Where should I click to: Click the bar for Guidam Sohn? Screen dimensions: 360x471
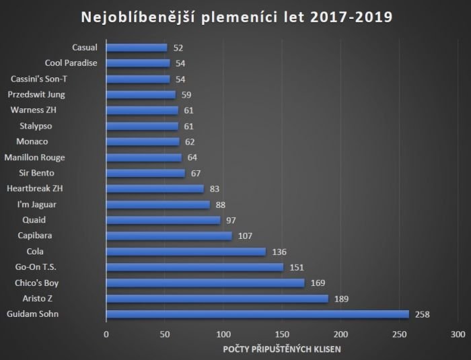coord(257,314)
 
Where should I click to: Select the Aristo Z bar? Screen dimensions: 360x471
coord(217,299)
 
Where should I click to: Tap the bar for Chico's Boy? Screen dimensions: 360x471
coord(205,283)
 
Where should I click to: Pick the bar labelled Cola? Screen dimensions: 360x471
coord(186,252)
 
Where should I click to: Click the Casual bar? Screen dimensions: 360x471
coord(137,48)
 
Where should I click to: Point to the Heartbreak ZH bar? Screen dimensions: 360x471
coord(155,189)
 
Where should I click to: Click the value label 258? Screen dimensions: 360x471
coord(422,314)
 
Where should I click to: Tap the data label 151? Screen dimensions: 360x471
coord(297,267)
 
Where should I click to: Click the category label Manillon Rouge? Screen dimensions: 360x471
coord(34,157)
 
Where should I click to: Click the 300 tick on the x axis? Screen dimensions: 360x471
coord(458,334)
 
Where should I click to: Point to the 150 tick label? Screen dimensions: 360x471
coord(283,334)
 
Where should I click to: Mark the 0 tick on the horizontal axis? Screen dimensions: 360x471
coord(106,334)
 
